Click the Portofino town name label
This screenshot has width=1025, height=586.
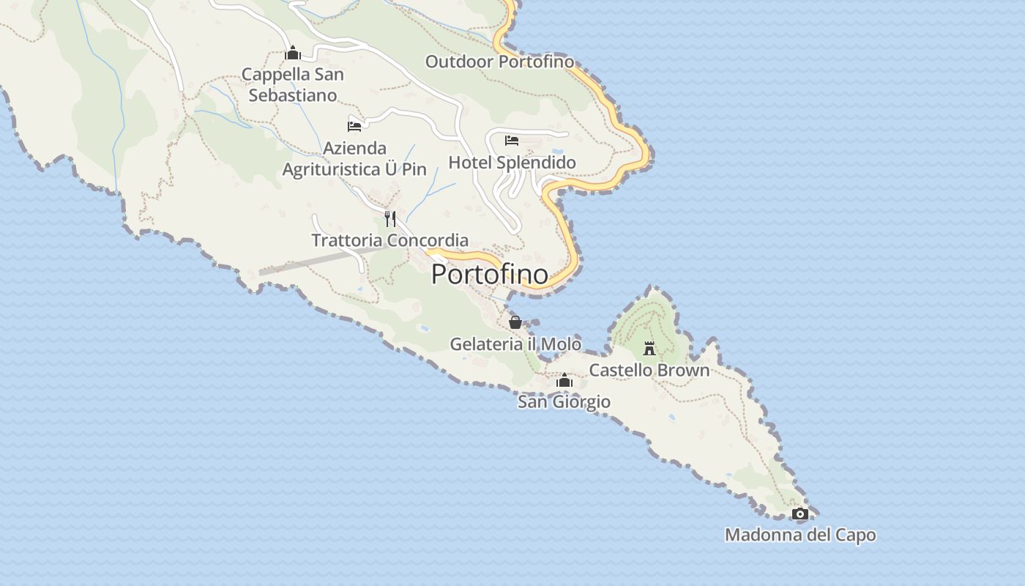[x=489, y=274]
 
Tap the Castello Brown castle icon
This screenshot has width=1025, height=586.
[x=649, y=348]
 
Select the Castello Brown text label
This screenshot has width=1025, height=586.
[x=649, y=370]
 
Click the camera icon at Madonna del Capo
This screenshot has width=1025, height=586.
[x=800, y=513]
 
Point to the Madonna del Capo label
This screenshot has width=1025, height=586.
[x=800, y=535]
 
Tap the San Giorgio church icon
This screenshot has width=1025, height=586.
[x=564, y=380]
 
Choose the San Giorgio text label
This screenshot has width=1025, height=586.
[x=564, y=401]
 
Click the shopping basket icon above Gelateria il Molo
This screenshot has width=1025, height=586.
[x=515, y=322]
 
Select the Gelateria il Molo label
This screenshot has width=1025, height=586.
[x=515, y=344]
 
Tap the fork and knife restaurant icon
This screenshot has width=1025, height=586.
[x=390, y=218]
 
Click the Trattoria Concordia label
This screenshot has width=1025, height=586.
[x=390, y=240]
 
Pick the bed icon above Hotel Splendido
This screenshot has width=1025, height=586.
[x=512, y=140]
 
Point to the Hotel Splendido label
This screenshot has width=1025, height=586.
[x=512, y=162]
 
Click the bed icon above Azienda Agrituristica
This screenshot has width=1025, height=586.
[x=354, y=126]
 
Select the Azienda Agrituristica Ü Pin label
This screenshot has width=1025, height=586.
[x=354, y=159]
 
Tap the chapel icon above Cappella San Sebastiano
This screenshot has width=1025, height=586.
[x=293, y=53]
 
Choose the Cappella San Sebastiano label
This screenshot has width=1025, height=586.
[x=293, y=84]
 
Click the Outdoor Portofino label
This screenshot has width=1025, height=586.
[x=500, y=62]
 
